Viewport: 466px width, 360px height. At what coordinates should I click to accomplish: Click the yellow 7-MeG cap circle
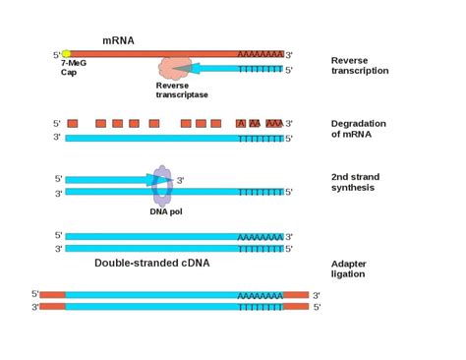[66, 55]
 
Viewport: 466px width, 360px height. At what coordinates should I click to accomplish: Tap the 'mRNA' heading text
[120, 41]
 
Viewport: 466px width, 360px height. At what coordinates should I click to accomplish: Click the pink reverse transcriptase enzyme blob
[176, 66]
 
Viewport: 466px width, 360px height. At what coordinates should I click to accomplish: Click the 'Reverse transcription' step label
[360, 65]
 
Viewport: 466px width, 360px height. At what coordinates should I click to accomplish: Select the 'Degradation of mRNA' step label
[360, 129]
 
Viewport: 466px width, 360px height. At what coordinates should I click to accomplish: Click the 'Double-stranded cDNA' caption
[151, 264]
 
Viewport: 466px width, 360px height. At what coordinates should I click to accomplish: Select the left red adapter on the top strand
[53, 294]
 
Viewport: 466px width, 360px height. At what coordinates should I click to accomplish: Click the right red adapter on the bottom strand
[296, 307]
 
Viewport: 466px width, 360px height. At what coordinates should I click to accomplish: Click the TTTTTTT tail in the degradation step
[261, 138]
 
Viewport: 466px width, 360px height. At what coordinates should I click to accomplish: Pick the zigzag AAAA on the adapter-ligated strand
[260, 294]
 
